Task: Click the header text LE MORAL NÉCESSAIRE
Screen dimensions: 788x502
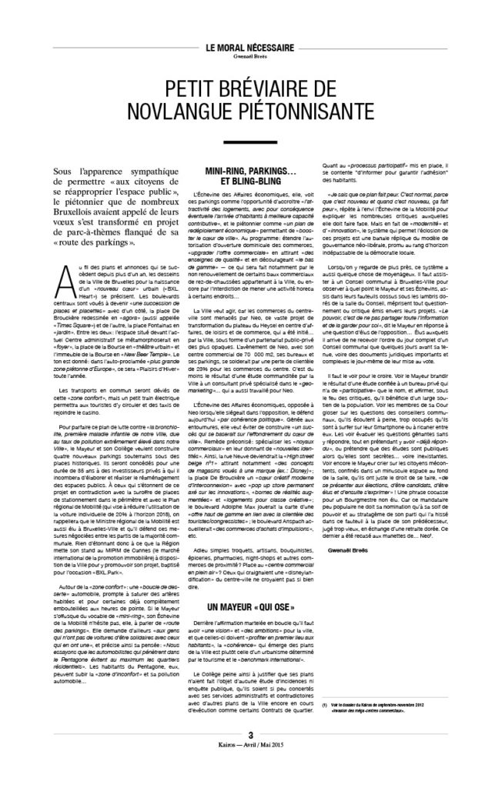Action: (x=250, y=47)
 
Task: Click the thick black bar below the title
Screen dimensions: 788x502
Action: (x=250, y=142)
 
